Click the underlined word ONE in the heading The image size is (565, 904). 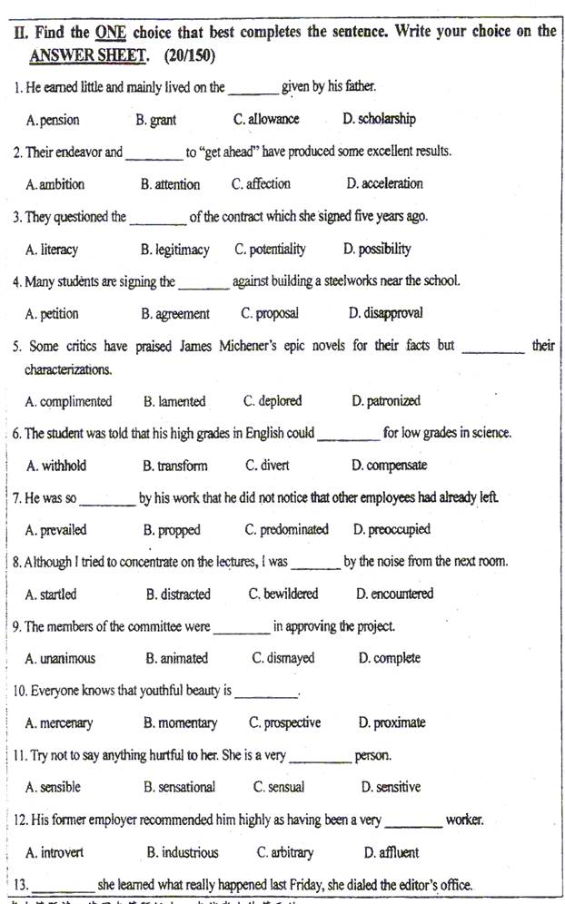click(110, 32)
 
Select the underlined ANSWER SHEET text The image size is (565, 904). click(87, 55)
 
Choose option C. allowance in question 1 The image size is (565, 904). click(266, 119)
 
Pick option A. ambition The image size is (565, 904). click(55, 184)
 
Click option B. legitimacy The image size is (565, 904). click(175, 249)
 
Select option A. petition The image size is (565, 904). click(53, 314)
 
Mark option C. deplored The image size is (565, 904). click(273, 401)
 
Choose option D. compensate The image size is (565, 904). click(390, 466)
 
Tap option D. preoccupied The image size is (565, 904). click(392, 530)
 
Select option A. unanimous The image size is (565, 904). click(60, 659)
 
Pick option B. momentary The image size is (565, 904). click(180, 723)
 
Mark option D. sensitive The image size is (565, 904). click(391, 788)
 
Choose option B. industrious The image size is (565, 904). click(183, 852)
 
